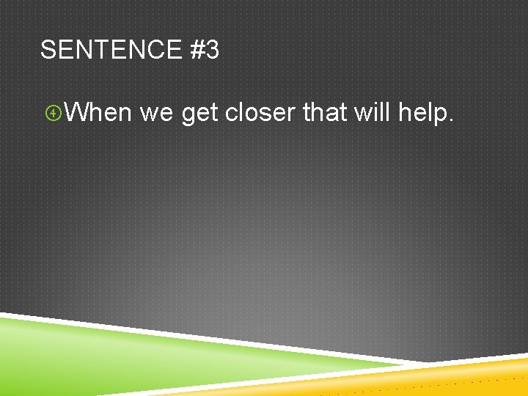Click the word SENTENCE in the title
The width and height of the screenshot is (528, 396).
tap(111, 51)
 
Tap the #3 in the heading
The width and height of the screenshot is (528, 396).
tap(204, 51)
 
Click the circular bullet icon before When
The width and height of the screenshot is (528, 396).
tap(52, 113)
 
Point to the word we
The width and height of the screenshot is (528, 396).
tap(155, 114)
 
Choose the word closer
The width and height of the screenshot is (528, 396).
tap(260, 112)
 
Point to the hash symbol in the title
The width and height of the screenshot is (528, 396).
tap(195, 51)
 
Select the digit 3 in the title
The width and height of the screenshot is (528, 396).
tap(212, 51)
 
